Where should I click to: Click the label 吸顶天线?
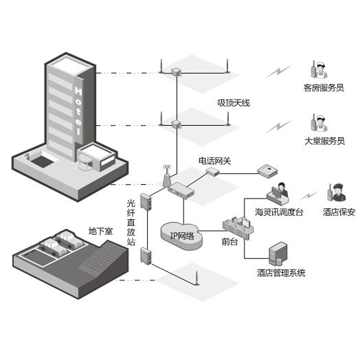(x=234, y=103)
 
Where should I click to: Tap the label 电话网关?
(x=214, y=161)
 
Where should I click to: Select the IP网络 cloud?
(x=182, y=236)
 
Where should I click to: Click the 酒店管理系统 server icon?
(x=278, y=254)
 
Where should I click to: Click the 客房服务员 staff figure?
(x=319, y=69)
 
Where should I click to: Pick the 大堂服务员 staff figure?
(x=319, y=124)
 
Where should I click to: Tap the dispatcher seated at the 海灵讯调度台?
(x=282, y=190)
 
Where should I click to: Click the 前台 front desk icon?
(x=238, y=227)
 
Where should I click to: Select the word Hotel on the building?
(x=78, y=111)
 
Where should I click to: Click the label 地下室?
(x=101, y=231)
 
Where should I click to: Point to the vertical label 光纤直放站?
(x=131, y=223)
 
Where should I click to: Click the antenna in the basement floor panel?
(x=196, y=278)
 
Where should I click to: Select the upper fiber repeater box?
(x=146, y=201)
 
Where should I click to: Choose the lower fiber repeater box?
(x=146, y=256)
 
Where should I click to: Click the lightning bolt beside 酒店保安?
(x=309, y=196)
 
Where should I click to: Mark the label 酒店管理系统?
(x=281, y=273)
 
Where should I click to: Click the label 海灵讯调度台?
(x=279, y=212)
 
